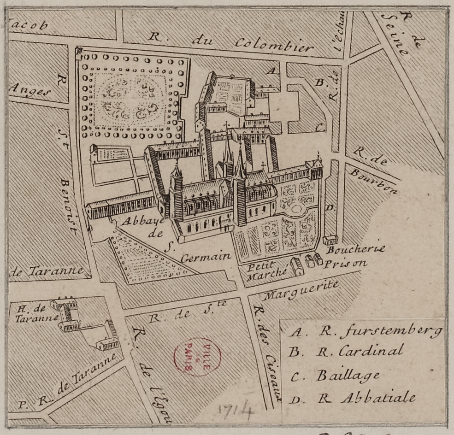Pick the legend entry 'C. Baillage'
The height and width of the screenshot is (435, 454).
pyautogui.click(x=335, y=375)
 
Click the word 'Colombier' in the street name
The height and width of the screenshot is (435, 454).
pyautogui.click(x=275, y=45)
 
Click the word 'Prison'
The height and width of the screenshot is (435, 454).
pyautogui.click(x=345, y=264)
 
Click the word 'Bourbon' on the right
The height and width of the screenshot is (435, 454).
pyautogui.click(x=373, y=181)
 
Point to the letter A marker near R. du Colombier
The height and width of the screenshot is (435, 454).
pyautogui.click(x=272, y=71)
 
